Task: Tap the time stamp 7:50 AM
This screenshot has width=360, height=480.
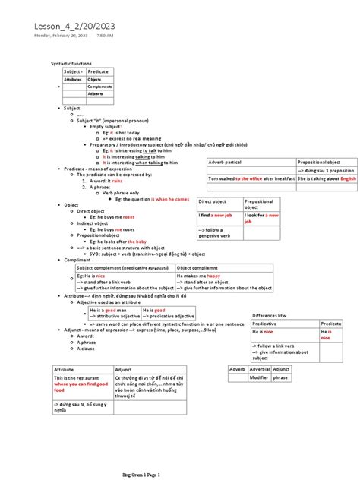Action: pyautogui.click(x=105, y=36)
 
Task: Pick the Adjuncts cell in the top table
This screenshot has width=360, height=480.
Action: pyautogui.click(x=96, y=94)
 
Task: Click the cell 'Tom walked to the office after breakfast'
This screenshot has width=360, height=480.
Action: pyautogui.click(x=251, y=179)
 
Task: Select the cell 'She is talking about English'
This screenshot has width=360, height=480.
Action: pyautogui.click(x=326, y=179)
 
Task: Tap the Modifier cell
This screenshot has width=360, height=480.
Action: pyautogui.click(x=259, y=377)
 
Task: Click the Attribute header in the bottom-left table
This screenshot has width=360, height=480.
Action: pyautogui.click(x=65, y=368)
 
